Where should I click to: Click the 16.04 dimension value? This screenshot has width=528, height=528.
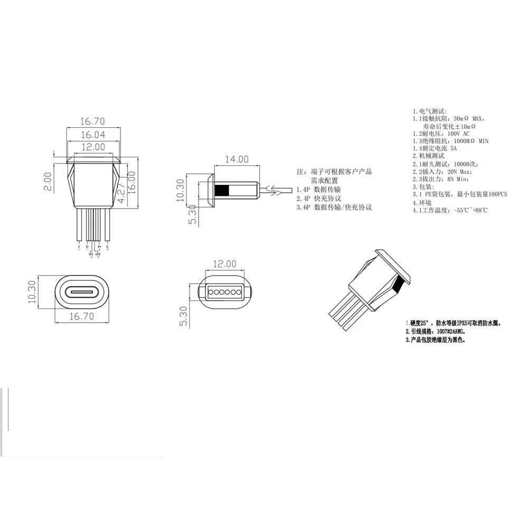pyautogui.click(x=92, y=135)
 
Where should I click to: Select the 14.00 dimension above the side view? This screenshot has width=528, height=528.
pyautogui.click(x=237, y=159)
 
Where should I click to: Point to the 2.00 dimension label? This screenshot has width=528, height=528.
pyautogui.click(x=48, y=181)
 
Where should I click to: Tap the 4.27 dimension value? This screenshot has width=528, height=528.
pyautogui.click(x=121, y=193)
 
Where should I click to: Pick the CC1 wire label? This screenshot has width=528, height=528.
pyautogui.click(x=91, y=255)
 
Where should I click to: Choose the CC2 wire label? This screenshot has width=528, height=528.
pyautogui.click(x=98, y=255)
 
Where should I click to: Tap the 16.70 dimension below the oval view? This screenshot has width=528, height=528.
pyautogui.click(x=81, y=317)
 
